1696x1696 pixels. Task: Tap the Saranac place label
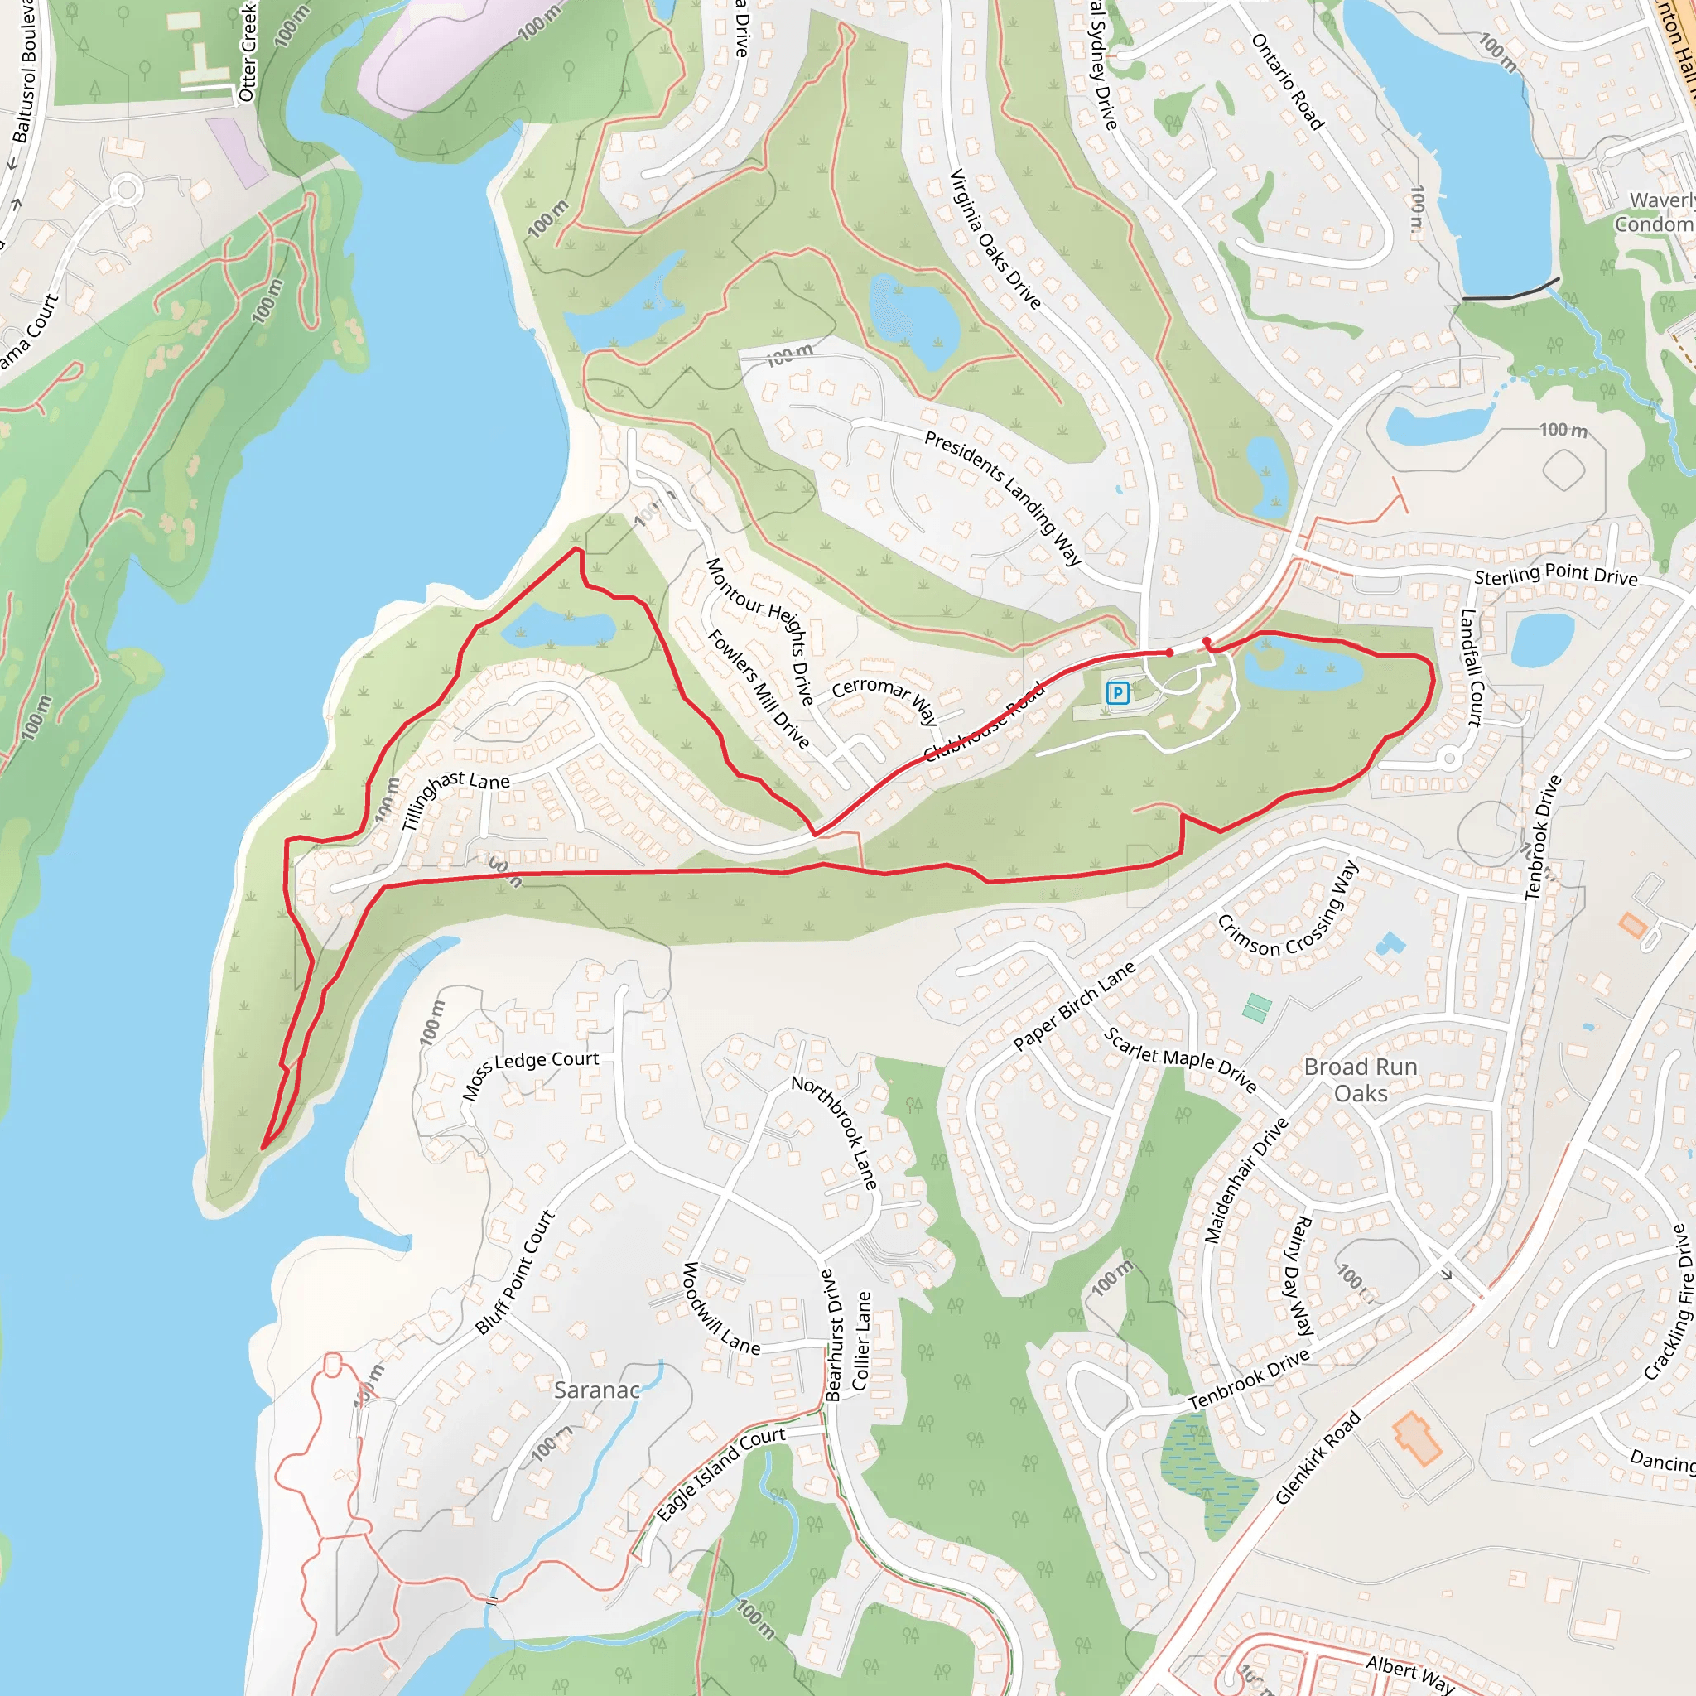click(x=597, y=1390)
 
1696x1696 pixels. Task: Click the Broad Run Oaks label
click(x=1361, y=1080)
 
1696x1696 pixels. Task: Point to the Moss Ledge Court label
click(x=529, y=1073)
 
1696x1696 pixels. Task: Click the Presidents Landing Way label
click(x=1003, y=497)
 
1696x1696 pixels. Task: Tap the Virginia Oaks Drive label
click(x=995, y=238)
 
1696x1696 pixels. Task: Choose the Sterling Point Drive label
click(x=1555, y=575)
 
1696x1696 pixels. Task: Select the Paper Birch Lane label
click(x=1073, y=1006)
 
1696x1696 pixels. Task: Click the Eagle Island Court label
click(x=720, y=1474)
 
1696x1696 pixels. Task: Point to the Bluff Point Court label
click(x=515, y=1272)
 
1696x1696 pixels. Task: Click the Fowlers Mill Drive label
click(x=758, y=689)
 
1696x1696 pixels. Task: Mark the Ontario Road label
click(x=1287, y=82)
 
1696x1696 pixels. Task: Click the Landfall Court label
click(x=1471, y=668)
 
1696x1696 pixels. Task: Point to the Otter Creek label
click(x=248, y=51)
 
